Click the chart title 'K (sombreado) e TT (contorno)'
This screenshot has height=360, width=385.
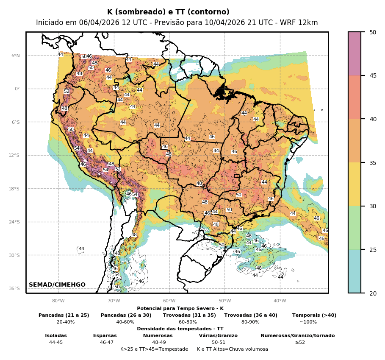coord(168,12)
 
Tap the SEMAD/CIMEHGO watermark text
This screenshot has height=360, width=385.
coord(57,285)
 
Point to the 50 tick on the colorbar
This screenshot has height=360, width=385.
coord(373,32)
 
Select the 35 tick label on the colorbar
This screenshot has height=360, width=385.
coord(373,162)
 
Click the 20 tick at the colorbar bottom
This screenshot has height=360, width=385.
coord(373,293)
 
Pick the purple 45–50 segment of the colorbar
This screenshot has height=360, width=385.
coord(355,53)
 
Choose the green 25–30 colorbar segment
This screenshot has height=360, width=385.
coord(355,228)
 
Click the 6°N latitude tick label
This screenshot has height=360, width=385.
coord(16,56)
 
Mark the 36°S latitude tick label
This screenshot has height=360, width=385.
coord(14,288)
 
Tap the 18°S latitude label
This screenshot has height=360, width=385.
coord(14,189)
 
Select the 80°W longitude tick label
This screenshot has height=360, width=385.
coord(58,301)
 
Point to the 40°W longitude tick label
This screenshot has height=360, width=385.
coord(280,301)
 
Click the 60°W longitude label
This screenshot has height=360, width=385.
coord(169,301)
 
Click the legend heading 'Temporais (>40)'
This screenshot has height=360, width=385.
coord(314,315)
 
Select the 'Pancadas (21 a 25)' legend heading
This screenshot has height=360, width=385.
coord(64,315)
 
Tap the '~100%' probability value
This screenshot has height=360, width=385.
coord(308,322)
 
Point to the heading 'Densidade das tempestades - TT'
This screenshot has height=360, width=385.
coord(180,329)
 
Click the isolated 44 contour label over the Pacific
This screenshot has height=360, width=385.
coord(81,249)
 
